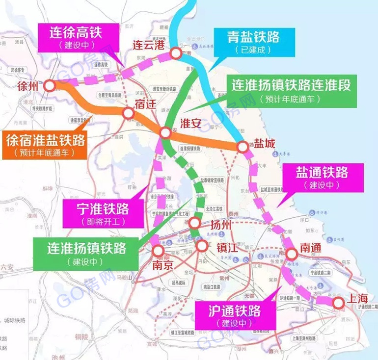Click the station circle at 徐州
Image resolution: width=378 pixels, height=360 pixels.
[50, 86]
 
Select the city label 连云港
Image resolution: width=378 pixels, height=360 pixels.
[148, 45]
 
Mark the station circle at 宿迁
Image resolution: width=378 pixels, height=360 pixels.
[129, 114]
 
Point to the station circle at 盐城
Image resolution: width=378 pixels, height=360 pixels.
[242, 146]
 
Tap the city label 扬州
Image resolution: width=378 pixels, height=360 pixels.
[219, 226]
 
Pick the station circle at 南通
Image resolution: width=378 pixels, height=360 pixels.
[292, 254]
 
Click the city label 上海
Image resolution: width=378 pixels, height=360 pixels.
[357, 298]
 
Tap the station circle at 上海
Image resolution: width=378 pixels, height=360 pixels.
[338, 303]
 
